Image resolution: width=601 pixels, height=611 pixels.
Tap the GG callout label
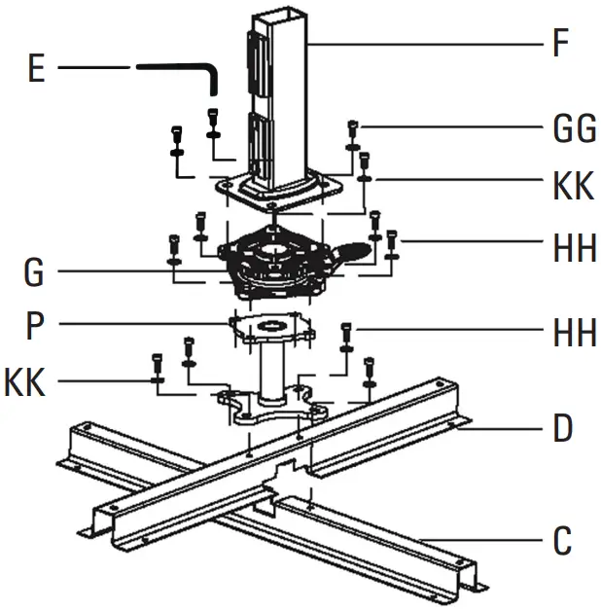[x=573, y=128]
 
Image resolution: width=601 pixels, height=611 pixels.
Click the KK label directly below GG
[x=573, y=185]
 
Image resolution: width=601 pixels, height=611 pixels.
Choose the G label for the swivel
[x=34, y=273]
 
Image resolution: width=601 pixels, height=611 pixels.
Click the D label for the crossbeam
[x=562, y=428]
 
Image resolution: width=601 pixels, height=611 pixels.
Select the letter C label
[x=561, y=542]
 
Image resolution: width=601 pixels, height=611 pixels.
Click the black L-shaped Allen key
[x=180, y=71]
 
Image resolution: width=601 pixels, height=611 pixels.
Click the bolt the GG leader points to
[x=352, y=129]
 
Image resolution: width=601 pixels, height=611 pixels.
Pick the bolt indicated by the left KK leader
[x=159, y=366]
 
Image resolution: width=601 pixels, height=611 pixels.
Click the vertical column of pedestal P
[x=272, y=370]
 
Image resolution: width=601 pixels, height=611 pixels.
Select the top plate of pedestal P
[x=272, y=326]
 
